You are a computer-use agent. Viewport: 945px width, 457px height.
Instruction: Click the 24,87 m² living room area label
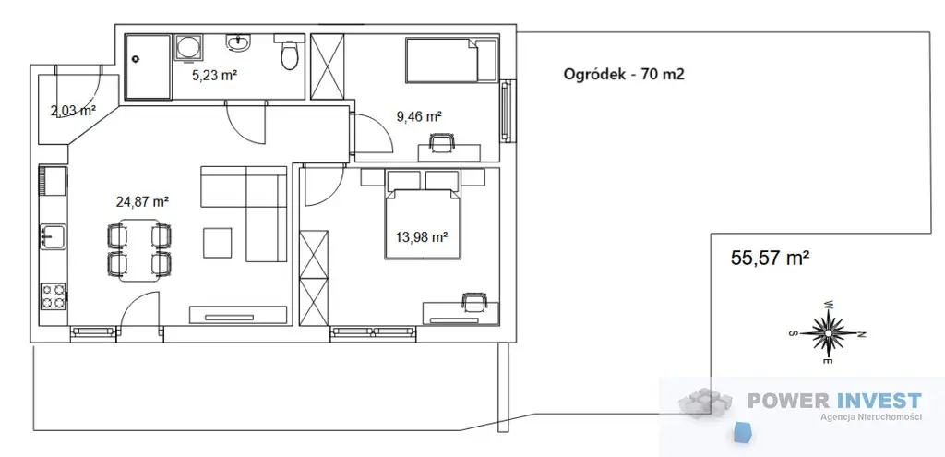coord(142,201)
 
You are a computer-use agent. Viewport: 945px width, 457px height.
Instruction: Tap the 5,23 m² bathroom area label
coord(213,76)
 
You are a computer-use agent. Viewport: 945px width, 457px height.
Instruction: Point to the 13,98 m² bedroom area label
coord(421,237)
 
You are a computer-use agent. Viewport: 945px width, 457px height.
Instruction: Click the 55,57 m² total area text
coord(770,258)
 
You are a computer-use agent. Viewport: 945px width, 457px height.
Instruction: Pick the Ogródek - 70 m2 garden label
coord(624,74)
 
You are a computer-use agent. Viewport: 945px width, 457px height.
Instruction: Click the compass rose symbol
coord(829,332)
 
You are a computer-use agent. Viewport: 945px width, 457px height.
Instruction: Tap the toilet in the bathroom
coord(289,53)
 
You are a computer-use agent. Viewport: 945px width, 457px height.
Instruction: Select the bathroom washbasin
coord(240,42)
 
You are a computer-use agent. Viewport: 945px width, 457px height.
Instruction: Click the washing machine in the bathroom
coord(188,48)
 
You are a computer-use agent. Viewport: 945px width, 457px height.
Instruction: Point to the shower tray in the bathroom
coord(148,66)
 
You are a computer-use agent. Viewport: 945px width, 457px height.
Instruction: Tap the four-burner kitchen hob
coord(53,296)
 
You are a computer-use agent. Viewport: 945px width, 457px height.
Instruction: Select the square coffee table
coord(218,242)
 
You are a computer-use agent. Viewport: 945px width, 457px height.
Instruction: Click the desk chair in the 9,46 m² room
coord(440,142)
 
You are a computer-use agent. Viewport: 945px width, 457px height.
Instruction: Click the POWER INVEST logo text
coord(834,401)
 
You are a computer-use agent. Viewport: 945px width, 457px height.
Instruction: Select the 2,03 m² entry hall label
coord(74,111)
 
